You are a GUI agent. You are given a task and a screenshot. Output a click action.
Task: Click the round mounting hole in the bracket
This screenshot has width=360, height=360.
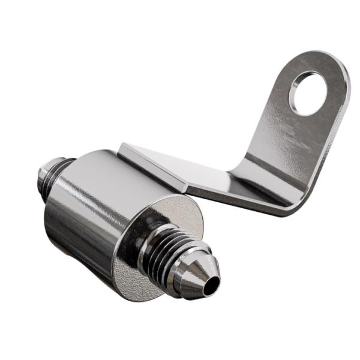[x=307, y=93]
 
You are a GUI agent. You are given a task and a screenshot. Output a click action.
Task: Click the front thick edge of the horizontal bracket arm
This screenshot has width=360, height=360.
[x=240, y=201]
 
